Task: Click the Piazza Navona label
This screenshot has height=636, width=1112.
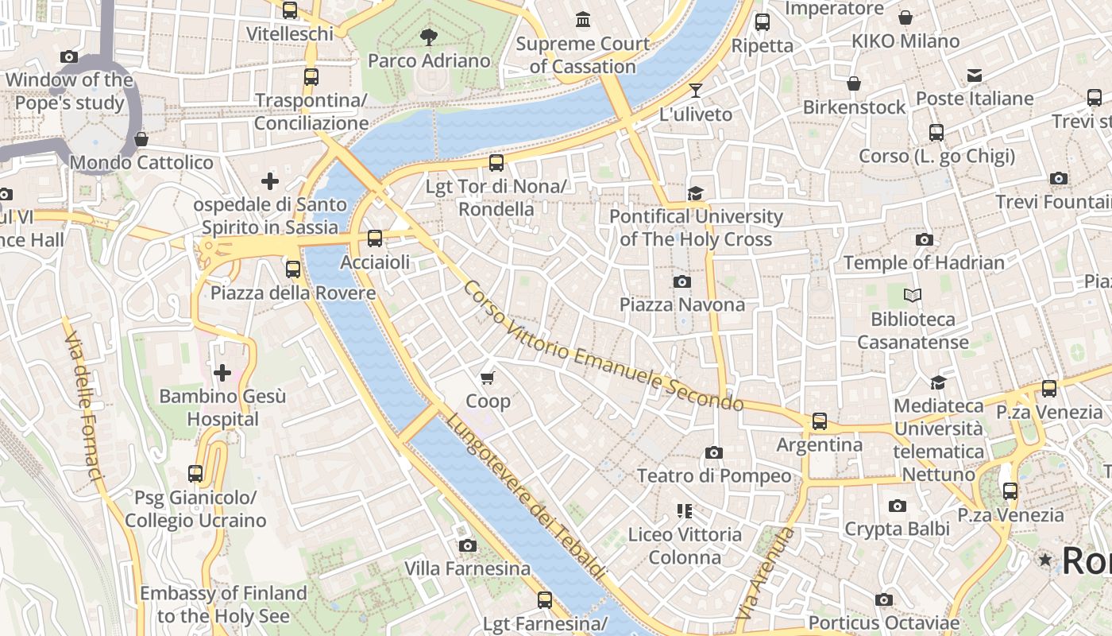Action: pyautogui.click(x=681, y=304)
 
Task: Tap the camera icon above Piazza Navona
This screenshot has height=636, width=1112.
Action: pyautogui.click(x=681, y=281)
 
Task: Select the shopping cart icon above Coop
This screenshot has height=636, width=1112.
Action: pyautogui.click(x=488, y=378)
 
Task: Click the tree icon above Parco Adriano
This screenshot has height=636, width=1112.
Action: pyautogui.click(x=429, y=37)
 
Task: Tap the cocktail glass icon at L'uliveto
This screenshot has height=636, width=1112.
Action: pyautogui.click(x=696, y=91)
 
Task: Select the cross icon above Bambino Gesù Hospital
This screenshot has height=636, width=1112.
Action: pyautogui.click(x=222, y=372)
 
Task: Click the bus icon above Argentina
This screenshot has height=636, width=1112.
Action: pyautogui.click(x=819, y=421)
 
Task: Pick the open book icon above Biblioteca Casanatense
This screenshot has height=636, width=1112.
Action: pyautogui.click(x=913, y=296)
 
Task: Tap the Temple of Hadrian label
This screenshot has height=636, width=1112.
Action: pyautogui.click(x=924, y=262)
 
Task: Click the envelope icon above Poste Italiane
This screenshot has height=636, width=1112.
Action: pyautogui.click(x=975, y=76)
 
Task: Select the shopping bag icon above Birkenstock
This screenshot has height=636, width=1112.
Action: pyautogui.click(x=854, y=83)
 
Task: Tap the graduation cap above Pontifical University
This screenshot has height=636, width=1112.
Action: pyautogui.click(x=696, y=193)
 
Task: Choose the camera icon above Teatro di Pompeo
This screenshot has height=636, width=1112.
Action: pyautogui.click(x=714, y=452)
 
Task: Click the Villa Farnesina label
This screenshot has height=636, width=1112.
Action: pyautogui.click(x=467, y=568)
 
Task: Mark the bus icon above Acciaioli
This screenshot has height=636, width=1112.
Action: pyautogui.click(x=375, y=238)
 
